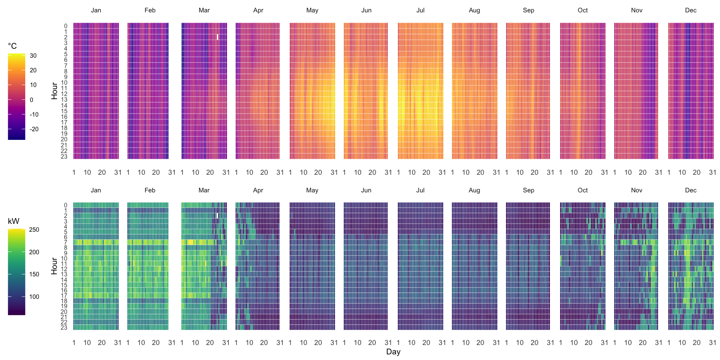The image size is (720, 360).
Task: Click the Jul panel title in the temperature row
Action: (420, 10)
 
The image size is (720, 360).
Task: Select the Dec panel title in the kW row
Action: (690, 190)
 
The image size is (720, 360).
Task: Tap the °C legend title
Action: (12, 46)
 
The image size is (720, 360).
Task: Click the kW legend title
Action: (13, 221)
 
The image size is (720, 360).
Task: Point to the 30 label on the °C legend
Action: (33, 56)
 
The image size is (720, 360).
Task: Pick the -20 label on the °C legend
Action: (34, 129)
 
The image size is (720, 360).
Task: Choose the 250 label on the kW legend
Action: (34, 230)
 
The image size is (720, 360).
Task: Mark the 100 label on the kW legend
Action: (34, 297)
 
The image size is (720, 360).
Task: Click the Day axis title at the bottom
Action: (393, 352)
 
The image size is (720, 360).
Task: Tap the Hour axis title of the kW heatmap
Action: (54, 266)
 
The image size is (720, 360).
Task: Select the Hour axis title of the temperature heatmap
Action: (54, 91)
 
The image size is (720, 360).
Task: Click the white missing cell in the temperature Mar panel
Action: (217, 37)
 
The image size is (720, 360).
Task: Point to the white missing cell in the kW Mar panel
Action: (217, 216)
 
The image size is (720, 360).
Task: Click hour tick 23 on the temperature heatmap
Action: (64, 156)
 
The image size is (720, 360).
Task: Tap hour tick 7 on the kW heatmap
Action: (65, 243)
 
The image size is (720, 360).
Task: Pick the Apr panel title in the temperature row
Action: (258, 10)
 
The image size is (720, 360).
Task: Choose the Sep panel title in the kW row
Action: (528, 190)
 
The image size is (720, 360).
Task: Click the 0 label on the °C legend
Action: (31, 100)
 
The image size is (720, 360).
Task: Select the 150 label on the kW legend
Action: (34, 274)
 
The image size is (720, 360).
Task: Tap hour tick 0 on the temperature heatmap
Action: (66, 26)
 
